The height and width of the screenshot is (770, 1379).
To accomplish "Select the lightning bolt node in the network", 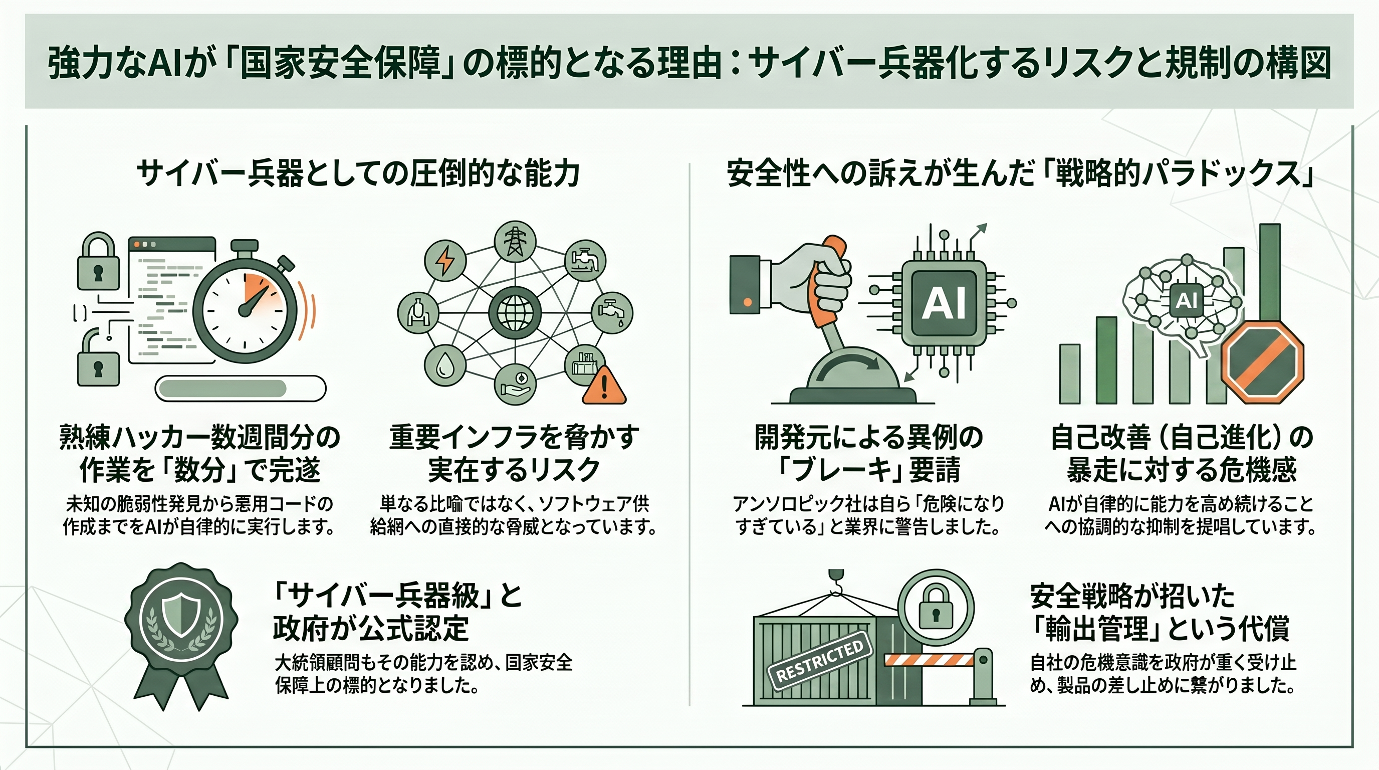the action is tap(445, 261).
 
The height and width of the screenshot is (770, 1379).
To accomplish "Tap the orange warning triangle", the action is tap(604, 384).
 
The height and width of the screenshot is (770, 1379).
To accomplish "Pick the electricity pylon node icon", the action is tap(515, 242).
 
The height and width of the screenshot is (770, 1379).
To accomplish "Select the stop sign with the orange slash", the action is tap(1263, 362).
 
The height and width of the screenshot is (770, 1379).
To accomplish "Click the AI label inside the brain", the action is tap(1186, 300).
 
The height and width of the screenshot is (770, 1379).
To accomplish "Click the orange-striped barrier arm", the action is tap(929, 660).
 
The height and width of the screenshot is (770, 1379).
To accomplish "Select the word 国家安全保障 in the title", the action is tap(339, 63).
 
